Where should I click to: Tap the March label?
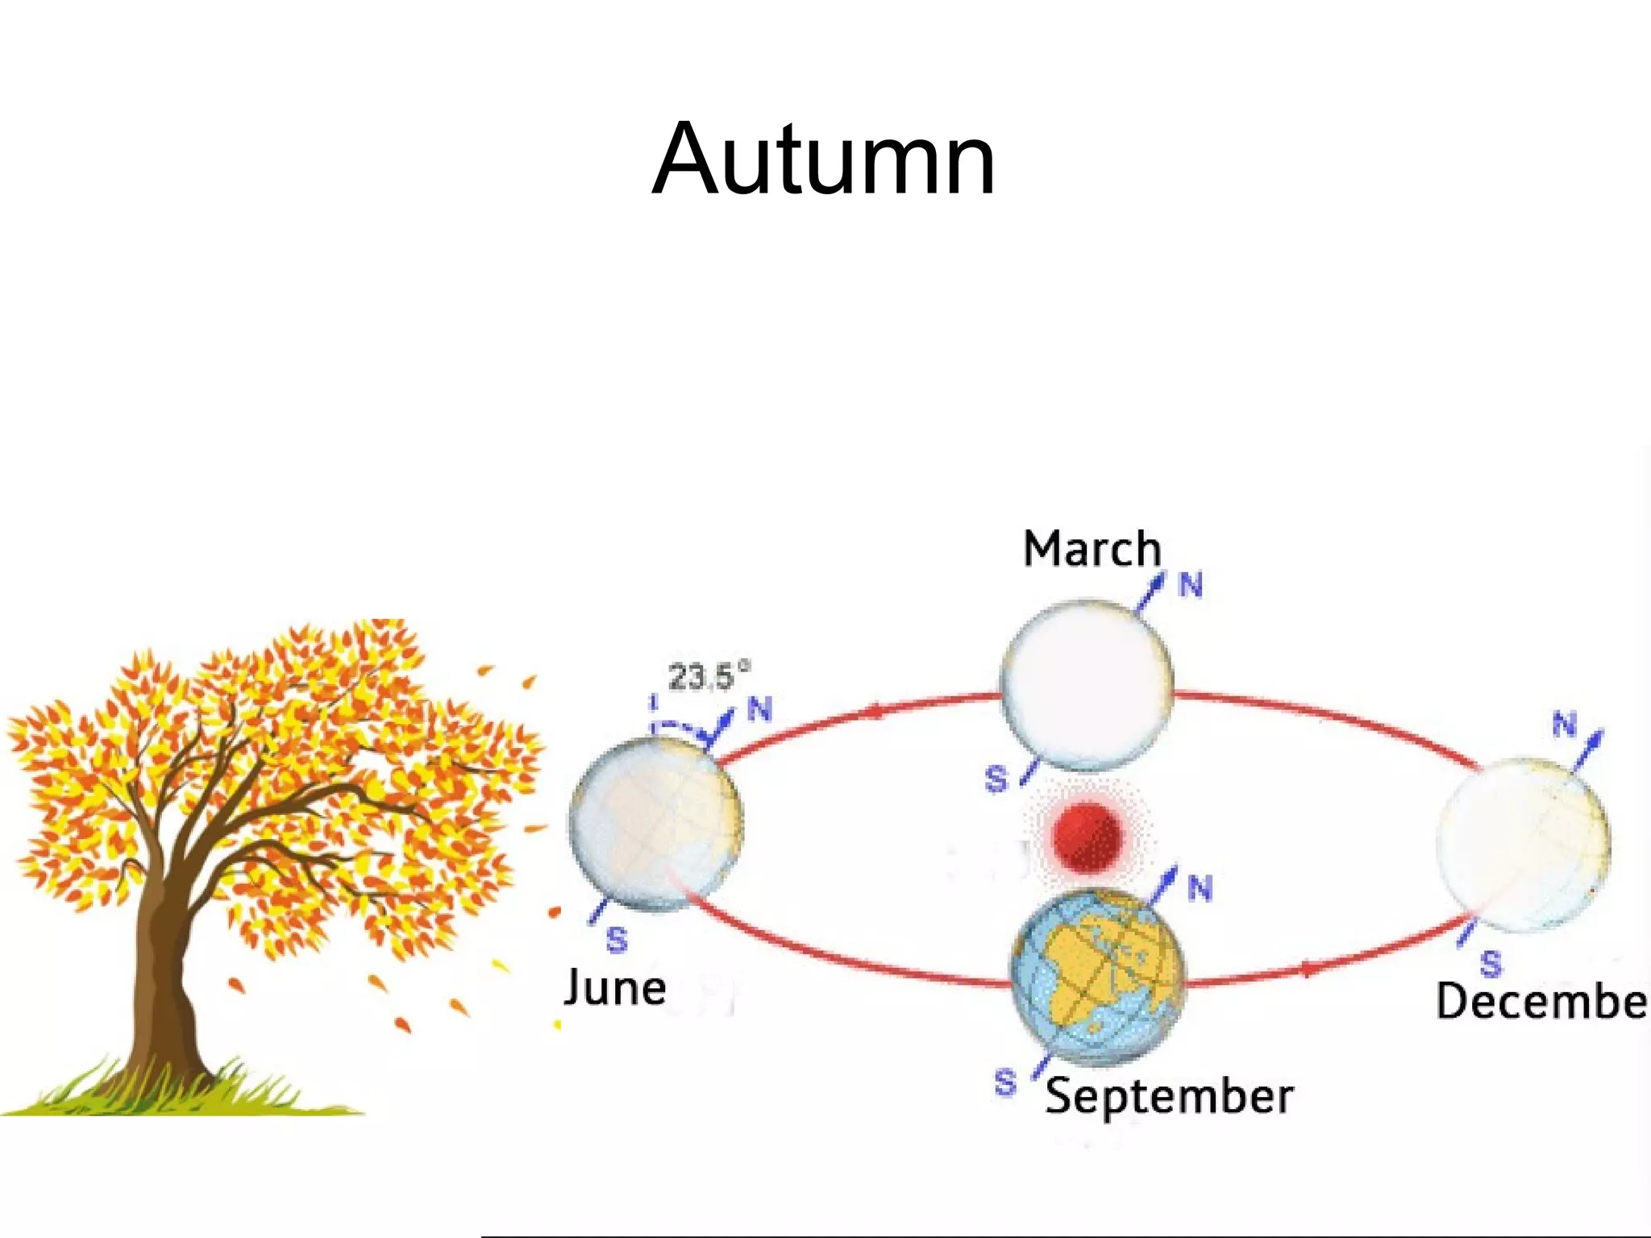(x=1092, y=550)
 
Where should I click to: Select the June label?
(x=615, y=988)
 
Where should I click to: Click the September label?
(x=1169, y=1097)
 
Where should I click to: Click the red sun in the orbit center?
(x=1087, y=837)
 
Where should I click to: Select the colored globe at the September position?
(x=1099, y=976)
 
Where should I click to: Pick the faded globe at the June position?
(x=655, y=825)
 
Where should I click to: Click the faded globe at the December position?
(x=1523, y=844)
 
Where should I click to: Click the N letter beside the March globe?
(x=1191, y=585)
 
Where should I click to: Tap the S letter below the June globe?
(x=617, y=940)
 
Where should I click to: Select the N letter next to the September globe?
(x=1200, y=889)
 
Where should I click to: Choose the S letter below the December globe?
(x=1491, y=963)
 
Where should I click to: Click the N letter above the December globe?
(x=1564, y=724)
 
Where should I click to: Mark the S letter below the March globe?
(x=996, y=779)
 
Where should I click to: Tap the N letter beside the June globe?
(x=759, y=709)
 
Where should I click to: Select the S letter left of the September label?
(x=1004, y=1082)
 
